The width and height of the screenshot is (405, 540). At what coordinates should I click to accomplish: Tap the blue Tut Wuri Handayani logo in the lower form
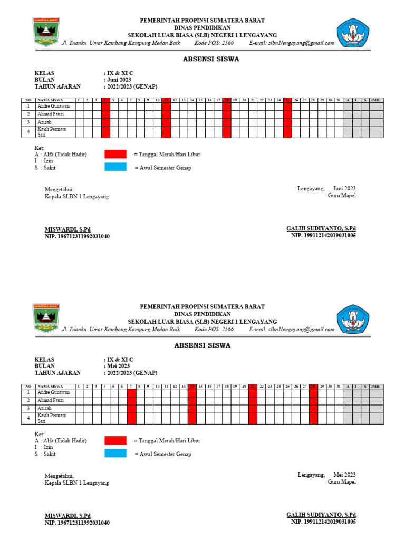click(x=353, y=319)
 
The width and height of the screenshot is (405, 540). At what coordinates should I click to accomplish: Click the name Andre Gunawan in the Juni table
click(x=53, y=106)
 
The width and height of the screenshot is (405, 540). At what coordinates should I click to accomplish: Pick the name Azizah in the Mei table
click(x=44, y=409)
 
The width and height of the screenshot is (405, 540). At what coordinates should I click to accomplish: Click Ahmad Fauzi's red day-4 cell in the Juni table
click(x=105, y=114)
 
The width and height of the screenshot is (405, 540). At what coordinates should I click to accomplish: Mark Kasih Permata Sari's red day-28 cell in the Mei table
click(x=313, y=419)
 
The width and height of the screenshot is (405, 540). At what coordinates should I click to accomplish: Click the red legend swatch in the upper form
click(x=115, y=154)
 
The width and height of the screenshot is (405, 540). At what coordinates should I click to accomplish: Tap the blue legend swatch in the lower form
click(x=115, y=454)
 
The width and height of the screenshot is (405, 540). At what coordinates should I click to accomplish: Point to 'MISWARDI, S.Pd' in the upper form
click(x=67, y=229)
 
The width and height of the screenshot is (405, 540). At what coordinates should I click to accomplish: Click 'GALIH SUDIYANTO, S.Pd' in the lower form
click(x=321, y=514)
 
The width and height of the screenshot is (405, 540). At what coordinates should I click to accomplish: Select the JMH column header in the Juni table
click(x=376, y=100)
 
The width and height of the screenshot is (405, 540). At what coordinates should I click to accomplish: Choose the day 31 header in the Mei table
click(x=339, y=386)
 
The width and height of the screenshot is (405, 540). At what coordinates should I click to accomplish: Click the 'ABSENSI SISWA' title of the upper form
click(x=202, y=59)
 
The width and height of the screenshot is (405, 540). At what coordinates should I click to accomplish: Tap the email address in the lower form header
click(x=301, y=330)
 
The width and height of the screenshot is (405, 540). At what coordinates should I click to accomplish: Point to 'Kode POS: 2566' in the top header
click(x=214, y=43)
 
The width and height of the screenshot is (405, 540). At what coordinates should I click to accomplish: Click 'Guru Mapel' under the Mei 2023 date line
click(x=342, y=481)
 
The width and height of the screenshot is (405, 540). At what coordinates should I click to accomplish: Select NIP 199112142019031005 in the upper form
click(x=323, y=236)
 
